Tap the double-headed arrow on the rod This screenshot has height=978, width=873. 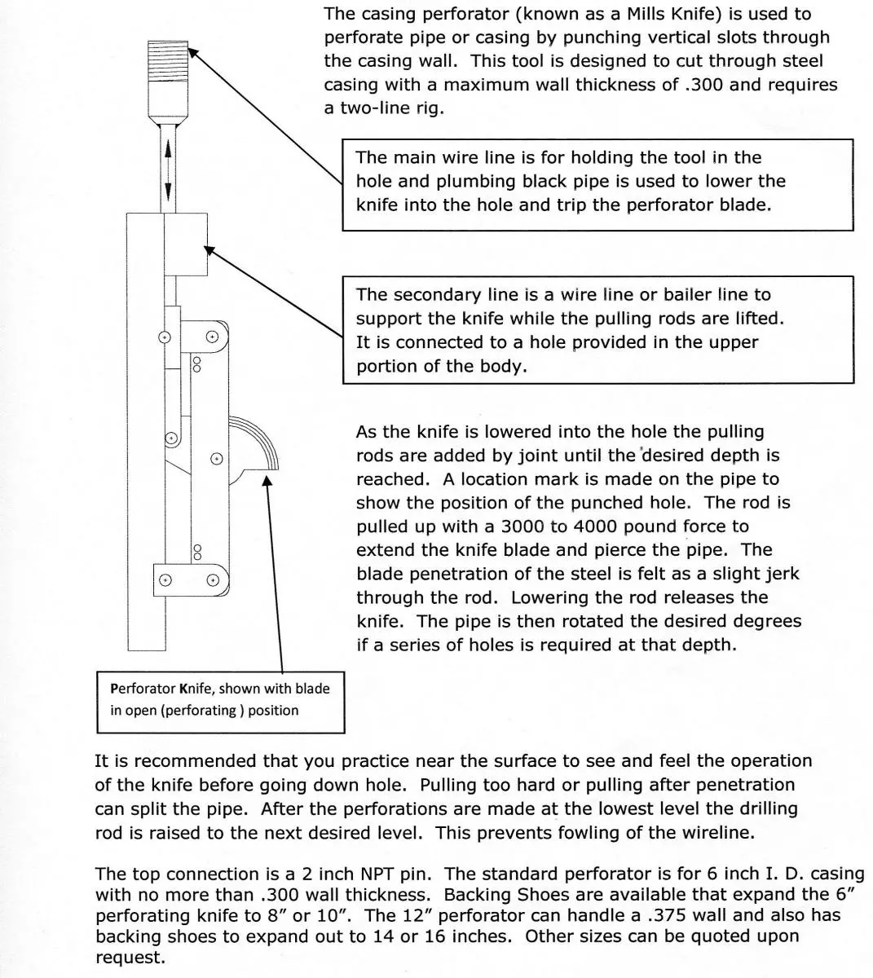168,170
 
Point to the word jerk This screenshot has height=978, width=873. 778,574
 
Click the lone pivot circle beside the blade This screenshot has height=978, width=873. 216,459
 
